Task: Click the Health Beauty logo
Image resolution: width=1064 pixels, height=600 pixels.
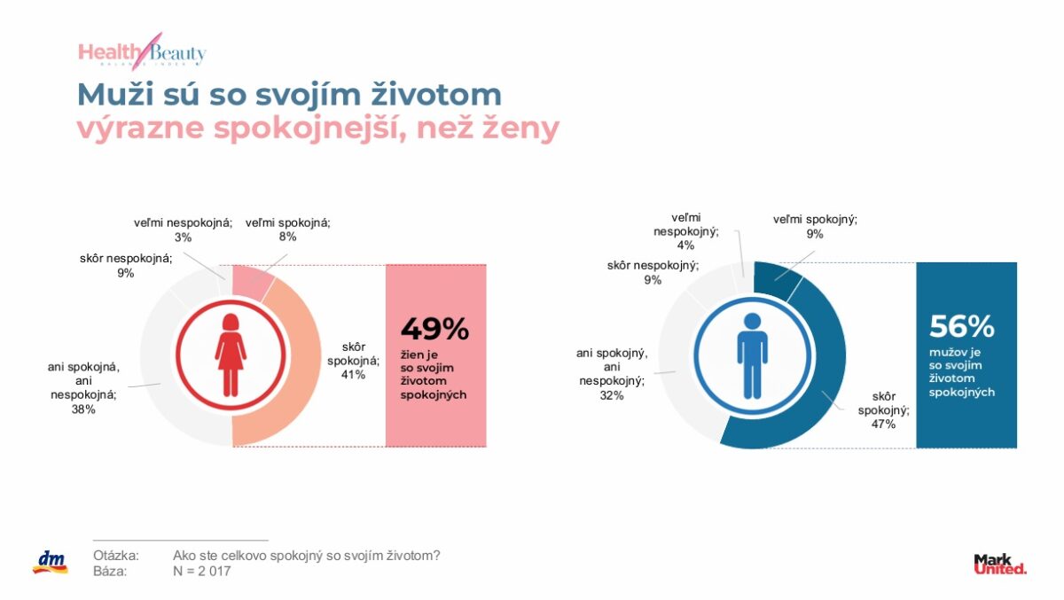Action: (x=142, y=52)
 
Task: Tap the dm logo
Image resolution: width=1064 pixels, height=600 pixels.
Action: (x=50, y=562)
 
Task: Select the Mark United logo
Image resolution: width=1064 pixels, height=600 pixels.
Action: (x=999, y=564)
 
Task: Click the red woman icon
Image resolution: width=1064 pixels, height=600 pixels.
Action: (x=231, y=355)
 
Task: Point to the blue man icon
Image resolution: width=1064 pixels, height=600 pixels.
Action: (x=752, y=355)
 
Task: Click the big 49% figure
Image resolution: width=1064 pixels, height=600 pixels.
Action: (x=434, y=329)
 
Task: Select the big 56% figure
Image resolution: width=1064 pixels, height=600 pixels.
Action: (x=962, y=327)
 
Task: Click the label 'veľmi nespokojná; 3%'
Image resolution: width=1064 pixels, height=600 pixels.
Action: (x=184, y=230)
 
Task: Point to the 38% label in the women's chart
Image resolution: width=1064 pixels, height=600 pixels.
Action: (x=83, y=409)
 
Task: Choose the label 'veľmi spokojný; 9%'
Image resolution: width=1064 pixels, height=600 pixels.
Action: (x=815, y=227)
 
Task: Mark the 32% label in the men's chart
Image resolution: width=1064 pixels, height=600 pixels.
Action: (x=612, y=396)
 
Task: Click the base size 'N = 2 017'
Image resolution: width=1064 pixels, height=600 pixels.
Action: (x=203, y=571)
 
